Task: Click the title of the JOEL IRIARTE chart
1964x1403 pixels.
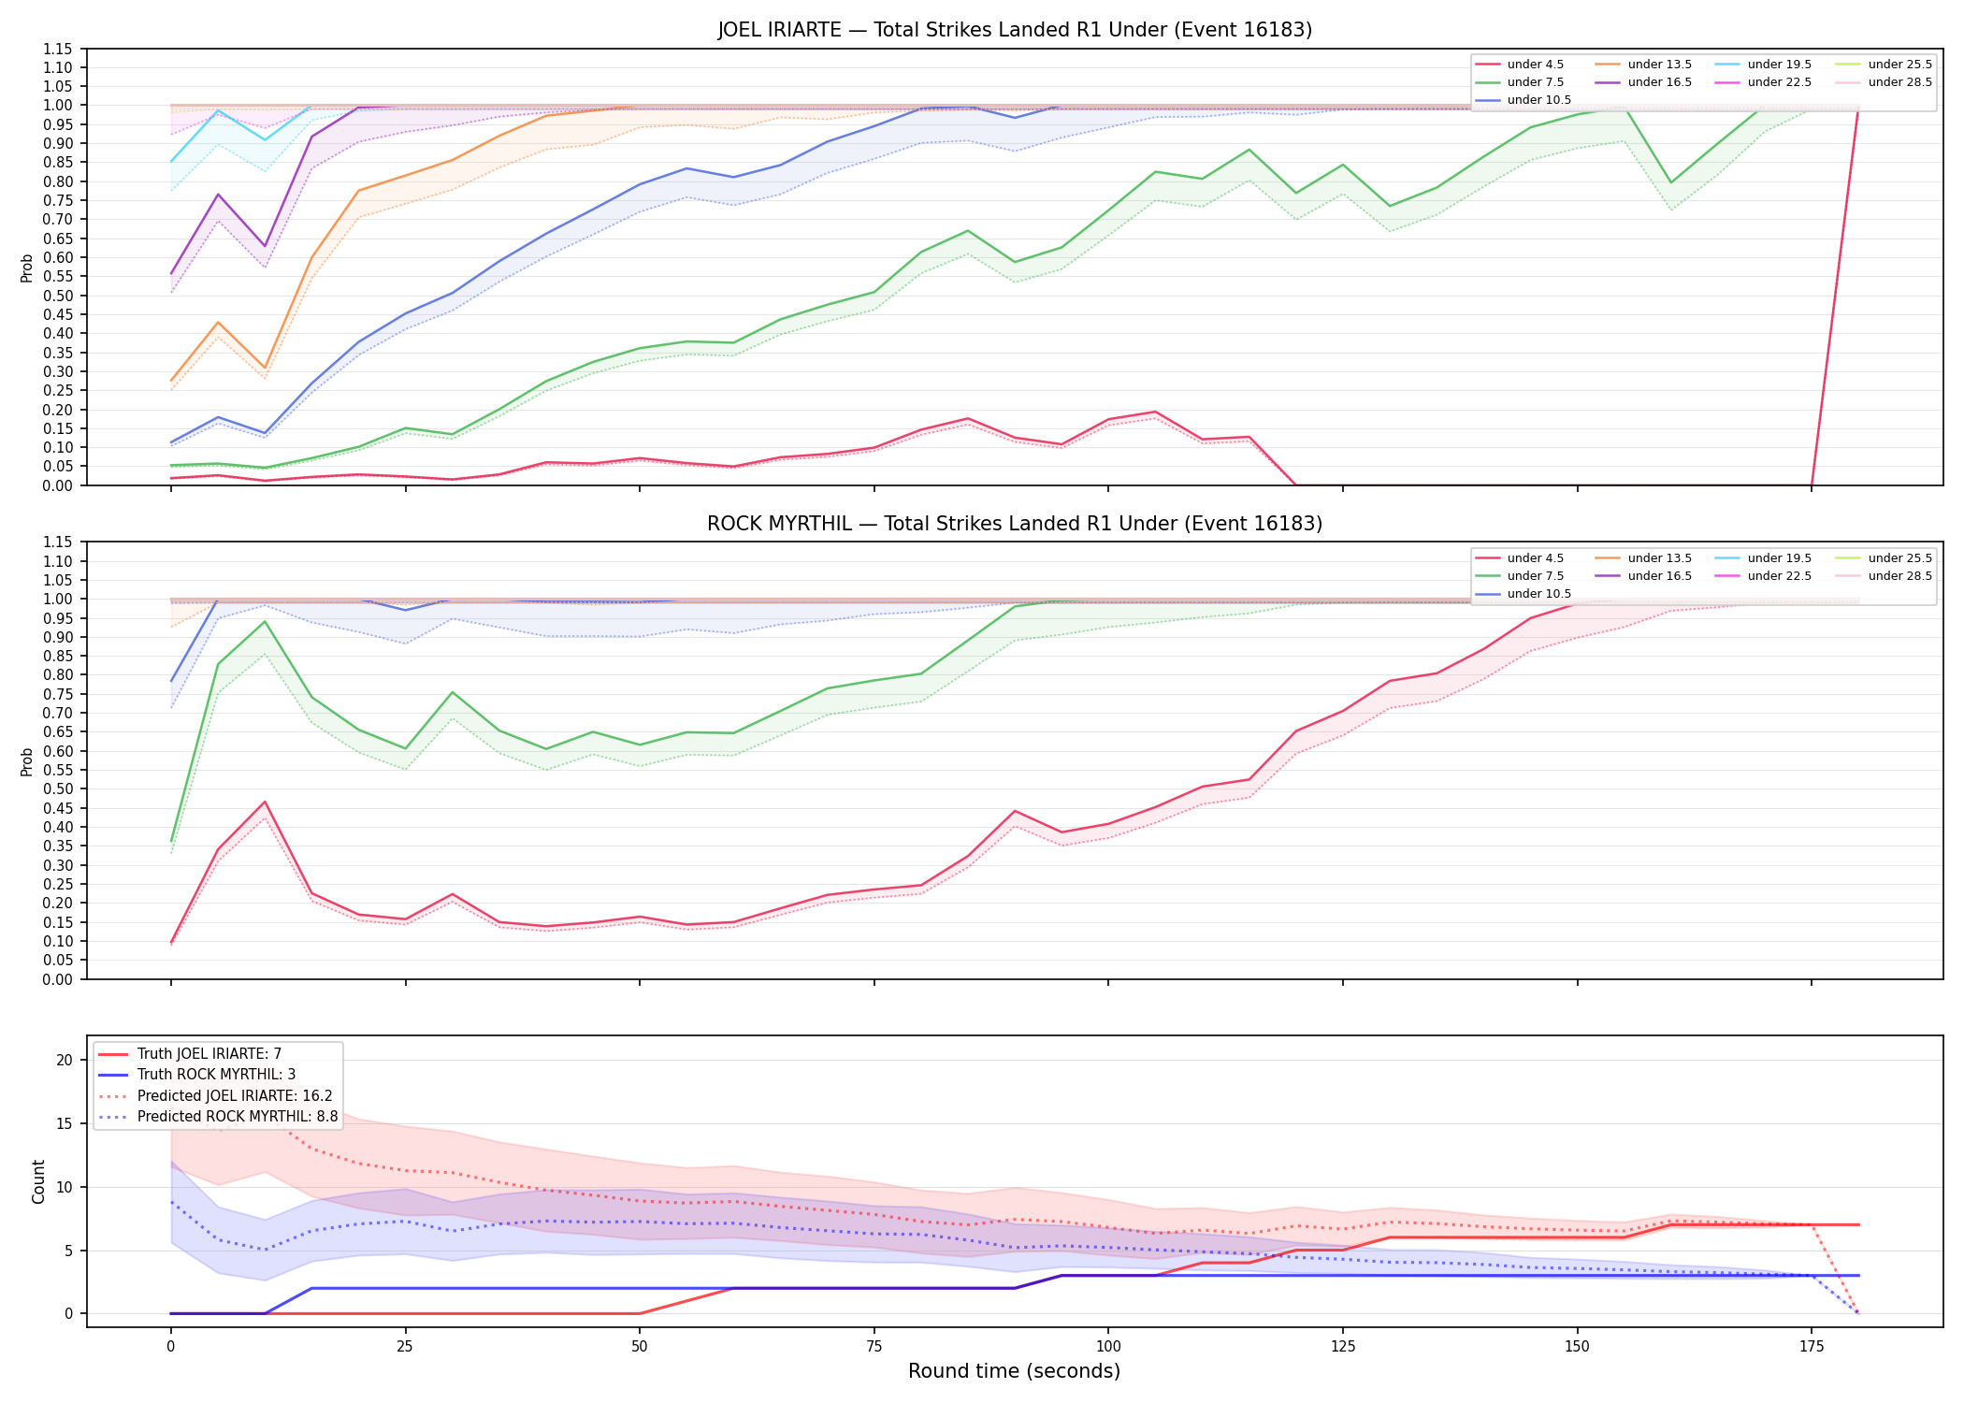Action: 1015,30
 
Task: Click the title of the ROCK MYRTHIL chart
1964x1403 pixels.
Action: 1015,524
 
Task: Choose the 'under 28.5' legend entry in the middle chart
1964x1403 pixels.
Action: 1885,576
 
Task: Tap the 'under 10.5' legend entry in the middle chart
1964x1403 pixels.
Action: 1524,594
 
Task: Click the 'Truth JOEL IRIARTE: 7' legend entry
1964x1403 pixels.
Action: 190,1054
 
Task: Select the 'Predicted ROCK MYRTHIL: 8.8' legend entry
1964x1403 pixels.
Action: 218,1117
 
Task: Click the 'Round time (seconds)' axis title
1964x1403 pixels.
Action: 1015,1371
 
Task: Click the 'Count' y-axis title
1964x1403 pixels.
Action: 38,1181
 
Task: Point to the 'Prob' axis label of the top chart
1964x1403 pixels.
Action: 27,268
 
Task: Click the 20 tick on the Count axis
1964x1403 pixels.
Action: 65,1060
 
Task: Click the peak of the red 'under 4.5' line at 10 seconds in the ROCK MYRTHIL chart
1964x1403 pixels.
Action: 265,802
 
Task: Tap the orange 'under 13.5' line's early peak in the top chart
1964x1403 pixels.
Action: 218,323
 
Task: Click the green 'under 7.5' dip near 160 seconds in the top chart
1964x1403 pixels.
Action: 1671,182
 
